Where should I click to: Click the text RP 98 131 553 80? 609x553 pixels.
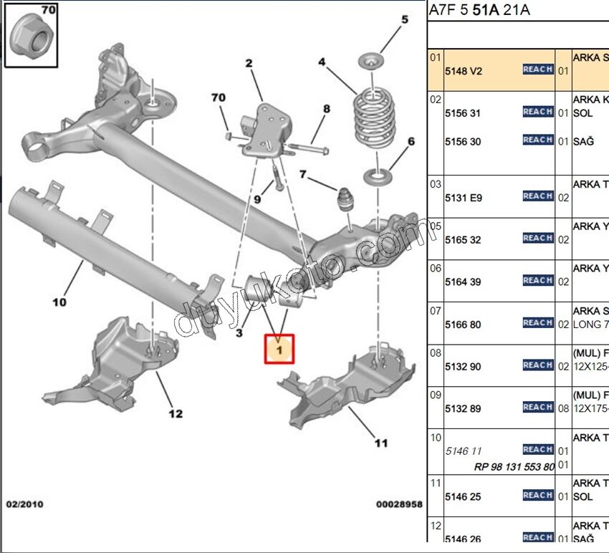coord(514,466)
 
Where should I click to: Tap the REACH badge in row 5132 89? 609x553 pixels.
coord(537,408)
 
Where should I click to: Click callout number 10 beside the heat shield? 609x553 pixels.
coord(59,302)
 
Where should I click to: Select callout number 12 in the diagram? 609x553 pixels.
coord(176,413)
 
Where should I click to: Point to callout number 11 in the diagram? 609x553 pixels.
coord(381,443)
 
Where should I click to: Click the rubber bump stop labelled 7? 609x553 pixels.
coord(347,200)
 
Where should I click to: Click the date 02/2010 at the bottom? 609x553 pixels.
coord(24,504)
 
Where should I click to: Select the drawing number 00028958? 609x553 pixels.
coord(399,504)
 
